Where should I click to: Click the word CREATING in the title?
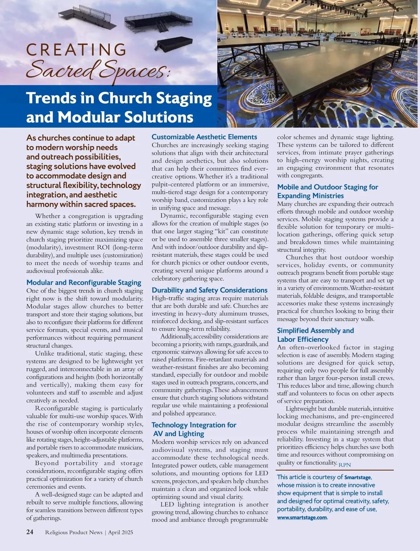click(x=76, y=50)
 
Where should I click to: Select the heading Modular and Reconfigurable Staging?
click(x=84, y=282)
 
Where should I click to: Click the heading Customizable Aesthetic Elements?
click(x=204, y=137)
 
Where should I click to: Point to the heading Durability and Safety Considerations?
click(x=209, y=290)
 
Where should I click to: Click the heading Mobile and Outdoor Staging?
click(x=328, y=191)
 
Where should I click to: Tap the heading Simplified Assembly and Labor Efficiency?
click(x=315, y=335)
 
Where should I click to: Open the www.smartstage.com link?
click(x=302, y=517)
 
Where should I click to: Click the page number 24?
click(x=30, y=532)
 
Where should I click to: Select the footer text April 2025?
click(x=120, y=532)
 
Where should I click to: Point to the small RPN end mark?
click(x=344, y=465)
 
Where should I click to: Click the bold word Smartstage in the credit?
click(x=357, y=477)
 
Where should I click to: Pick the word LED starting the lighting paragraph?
click(x=167, y=504)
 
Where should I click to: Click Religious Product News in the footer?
click(x=73, y=532)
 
